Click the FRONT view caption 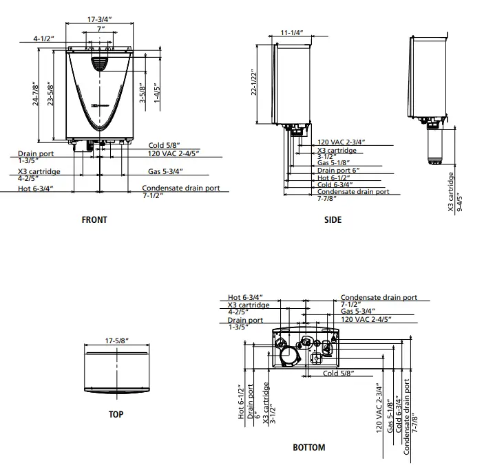94,220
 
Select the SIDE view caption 333,220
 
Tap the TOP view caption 116,415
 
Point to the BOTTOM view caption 308,447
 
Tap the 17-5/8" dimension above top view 118,340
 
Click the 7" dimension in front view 101,30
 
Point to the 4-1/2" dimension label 43,39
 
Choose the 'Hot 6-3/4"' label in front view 35,188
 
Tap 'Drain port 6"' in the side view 338,169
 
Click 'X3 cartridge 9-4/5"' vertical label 455,191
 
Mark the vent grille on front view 101,63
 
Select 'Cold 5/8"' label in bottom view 338,374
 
